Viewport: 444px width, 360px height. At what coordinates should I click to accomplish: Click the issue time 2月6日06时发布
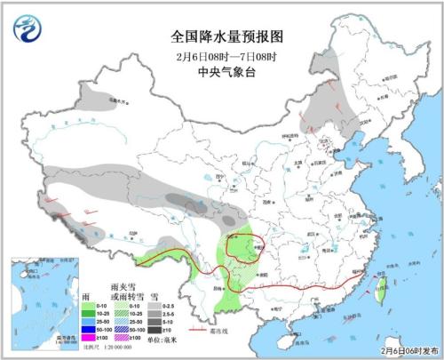[x=402, y=351]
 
